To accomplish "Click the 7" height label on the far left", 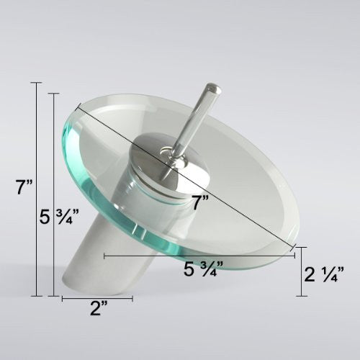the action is [24, 187].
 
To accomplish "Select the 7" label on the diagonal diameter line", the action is [200, 202].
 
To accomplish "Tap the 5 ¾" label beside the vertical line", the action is [59, 217].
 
